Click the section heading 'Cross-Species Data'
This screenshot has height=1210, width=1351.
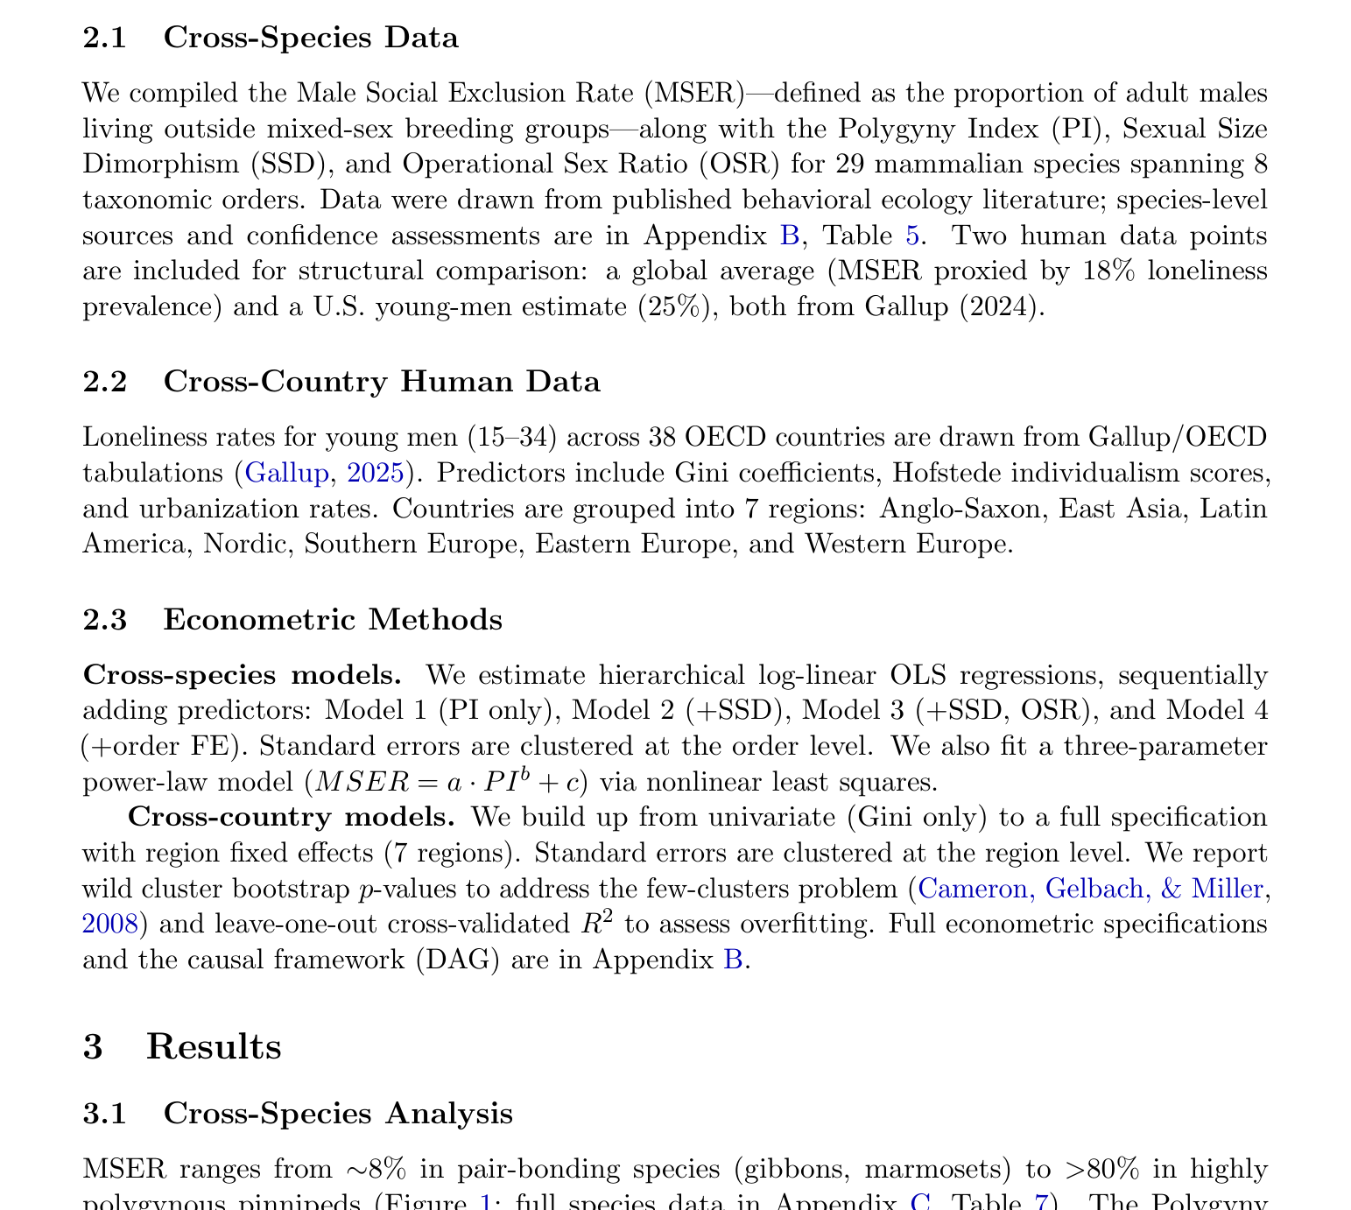(x=310, y=38)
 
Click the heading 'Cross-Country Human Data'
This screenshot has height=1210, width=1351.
(x=381, y=382)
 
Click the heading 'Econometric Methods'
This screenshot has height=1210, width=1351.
(x=332, y=619)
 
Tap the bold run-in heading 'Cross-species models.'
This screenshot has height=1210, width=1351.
(x=243, y=675)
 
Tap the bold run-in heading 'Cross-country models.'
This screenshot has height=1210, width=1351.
(x=291, y=817)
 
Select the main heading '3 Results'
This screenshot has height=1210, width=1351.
(x=182, y=1047)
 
